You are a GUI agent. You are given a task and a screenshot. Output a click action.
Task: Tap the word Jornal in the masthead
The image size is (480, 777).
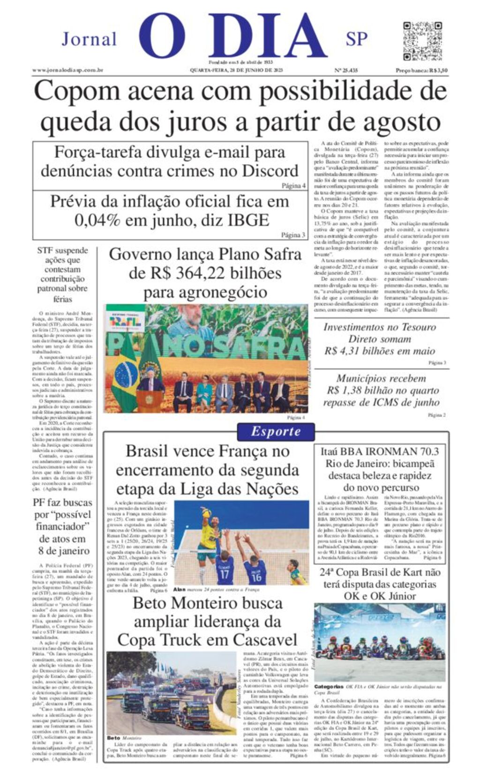(x=89, y=39)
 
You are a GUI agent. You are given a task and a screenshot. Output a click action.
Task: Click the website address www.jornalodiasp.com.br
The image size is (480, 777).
(x=67, y=70)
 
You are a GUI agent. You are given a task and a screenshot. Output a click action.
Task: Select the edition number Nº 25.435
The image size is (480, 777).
(x=346, y=70)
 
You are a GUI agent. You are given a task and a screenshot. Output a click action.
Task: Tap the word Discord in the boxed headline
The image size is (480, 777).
(x=266, y=170)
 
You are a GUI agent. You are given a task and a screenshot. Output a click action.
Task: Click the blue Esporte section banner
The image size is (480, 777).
(x=276, y=431)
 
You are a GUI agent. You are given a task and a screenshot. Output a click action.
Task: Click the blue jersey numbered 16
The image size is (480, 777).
(x=256, y=575)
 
